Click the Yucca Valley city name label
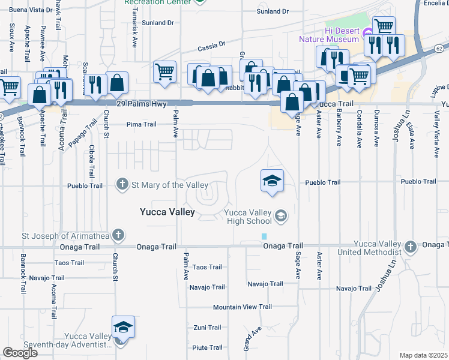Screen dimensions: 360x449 [x=167, y=212]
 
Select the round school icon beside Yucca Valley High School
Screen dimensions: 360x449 [x=280, y=215]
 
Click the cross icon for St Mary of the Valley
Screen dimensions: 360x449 [x=122, y=184]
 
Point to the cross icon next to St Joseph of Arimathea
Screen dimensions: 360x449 [x=119, y=234]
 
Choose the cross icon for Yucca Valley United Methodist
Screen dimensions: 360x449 [x=410, y=247]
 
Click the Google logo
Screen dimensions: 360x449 [x=20, y=352]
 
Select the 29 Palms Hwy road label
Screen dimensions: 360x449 [x=143, y=104]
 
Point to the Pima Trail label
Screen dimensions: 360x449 [x=141, y=125]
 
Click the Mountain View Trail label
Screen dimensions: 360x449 [x=242, y=307]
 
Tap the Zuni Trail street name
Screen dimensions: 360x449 [x=207, y=328]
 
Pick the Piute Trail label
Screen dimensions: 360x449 [x=207, y=347]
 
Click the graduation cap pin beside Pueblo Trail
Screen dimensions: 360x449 [x=272, y=180]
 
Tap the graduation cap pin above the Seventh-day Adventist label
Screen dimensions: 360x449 [x=123, y=327]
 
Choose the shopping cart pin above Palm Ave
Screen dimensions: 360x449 [x=164, y=72]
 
